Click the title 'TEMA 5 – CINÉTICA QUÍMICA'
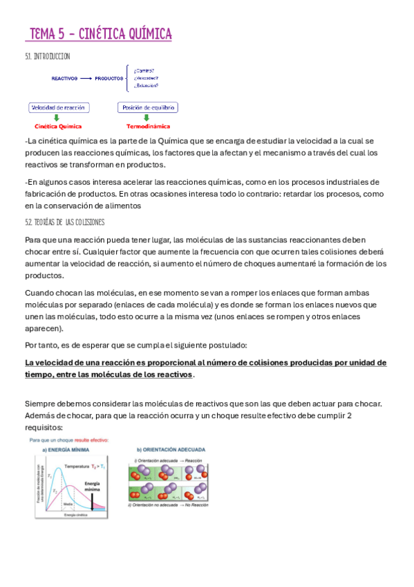(x=101, y=34)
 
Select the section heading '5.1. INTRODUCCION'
(x=47, y=56)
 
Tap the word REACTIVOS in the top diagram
(x=64, y=79)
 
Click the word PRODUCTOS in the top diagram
(x=109, y=79)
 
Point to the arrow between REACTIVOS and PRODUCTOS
(x=86, y=79)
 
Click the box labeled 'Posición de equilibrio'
(x=149, y=107)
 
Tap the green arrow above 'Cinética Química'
(x=57, y=118)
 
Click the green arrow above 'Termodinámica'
(x=148, y=118)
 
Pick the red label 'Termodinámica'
(x=148, y=127)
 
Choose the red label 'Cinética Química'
(x=58, y=127)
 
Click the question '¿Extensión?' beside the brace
(x=145, y=86)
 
